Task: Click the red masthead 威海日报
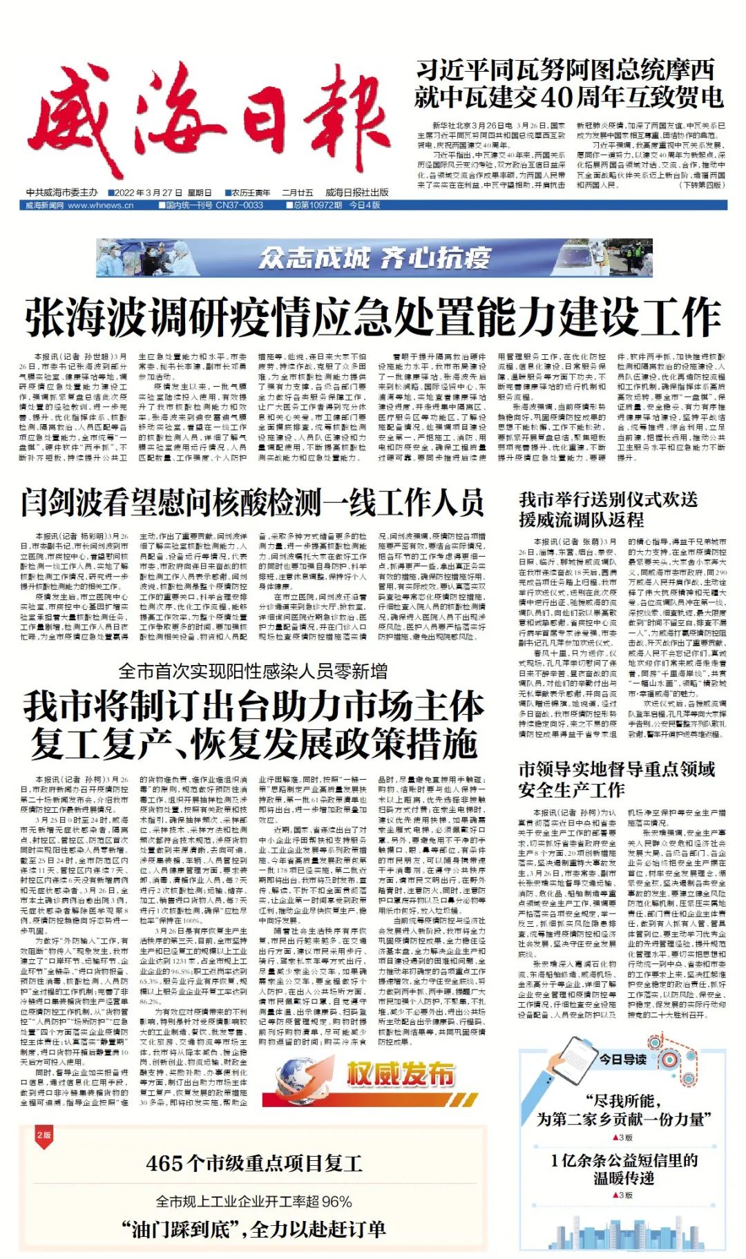click(x=204, y=124)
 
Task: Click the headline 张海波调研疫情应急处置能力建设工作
click(x=373, y=318)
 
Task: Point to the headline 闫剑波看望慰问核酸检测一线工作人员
click(x=251, y=502)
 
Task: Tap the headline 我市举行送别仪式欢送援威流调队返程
click(x=608, y=509)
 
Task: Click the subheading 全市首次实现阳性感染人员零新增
click(x=253, y=671)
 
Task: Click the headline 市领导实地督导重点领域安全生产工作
click(x=616, y=779)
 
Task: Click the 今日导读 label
click(x=622, y=1059)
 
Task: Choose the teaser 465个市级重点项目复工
click(x=254, y=1163)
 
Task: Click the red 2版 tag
click(x=44, y=1135)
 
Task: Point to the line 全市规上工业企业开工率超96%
click(x=254, y=1201)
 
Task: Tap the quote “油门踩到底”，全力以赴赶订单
click(x=254, y=1229)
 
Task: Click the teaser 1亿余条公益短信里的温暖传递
click(x=623, y=1169)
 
